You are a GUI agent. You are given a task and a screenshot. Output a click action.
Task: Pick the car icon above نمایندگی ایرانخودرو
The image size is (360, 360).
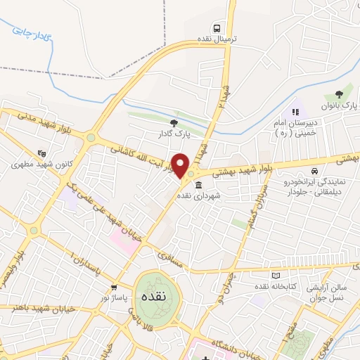point(314,171)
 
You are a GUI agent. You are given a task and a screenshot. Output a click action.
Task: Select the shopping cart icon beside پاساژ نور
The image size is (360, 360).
point(114,288)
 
